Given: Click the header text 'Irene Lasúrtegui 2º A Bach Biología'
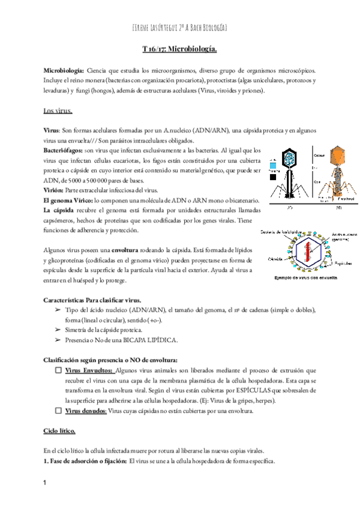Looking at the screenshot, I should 179,28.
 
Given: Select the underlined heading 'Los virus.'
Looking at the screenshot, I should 58,110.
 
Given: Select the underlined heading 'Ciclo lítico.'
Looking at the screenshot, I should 59,431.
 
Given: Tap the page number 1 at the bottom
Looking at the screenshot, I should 46,483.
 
